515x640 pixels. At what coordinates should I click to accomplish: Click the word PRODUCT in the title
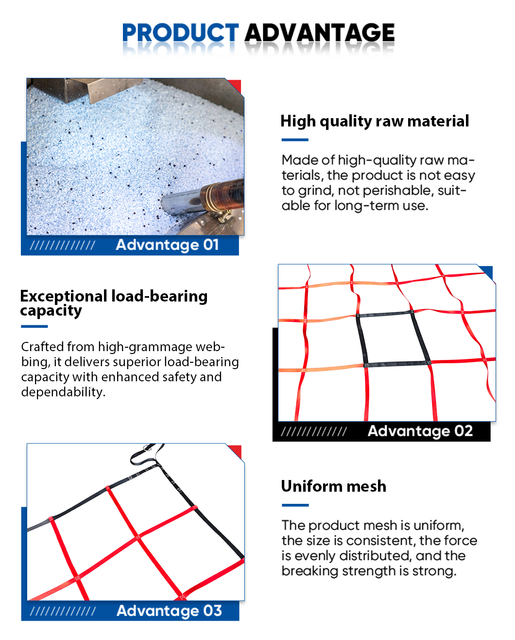(x=180, y=33)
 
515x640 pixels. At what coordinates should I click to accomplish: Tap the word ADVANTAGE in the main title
(x=320, y=33)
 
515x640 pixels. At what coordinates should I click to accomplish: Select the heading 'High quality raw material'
(x=375, y=122)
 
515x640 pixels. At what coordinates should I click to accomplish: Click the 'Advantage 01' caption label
(x=167, y=245)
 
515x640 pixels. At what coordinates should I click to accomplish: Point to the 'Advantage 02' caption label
(x=420, y=431)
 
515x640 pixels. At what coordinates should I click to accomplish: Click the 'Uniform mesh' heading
(x=333, y=486)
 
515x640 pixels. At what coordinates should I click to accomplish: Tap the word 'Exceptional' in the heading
(x=64, y=296)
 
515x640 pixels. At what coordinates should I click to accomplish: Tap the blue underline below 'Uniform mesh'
(x=295, y=505)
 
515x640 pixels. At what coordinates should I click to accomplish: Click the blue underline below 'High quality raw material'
(x=295, y=140)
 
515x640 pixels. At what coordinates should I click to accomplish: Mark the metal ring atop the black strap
(x=147, y=447)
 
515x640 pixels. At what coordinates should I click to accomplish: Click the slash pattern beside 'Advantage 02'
(x=314, y=431)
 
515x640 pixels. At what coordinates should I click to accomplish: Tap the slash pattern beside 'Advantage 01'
(x=62, y=246)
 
